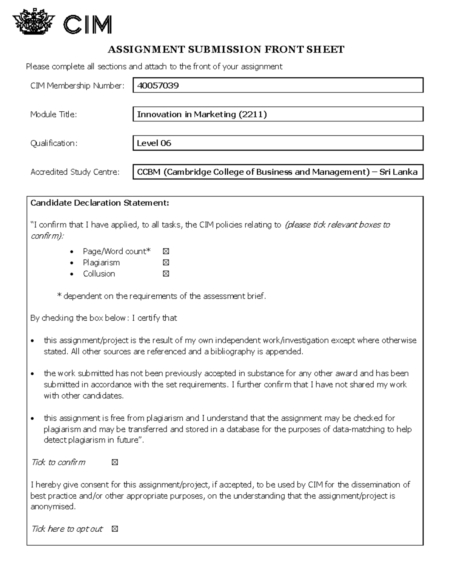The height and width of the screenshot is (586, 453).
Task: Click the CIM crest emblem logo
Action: tap(34, 22)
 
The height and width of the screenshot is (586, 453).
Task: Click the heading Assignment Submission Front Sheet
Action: tap(226, 49)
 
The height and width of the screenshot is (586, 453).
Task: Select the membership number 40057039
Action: tap(158, 86)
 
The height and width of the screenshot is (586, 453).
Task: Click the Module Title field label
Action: tap(54, 114)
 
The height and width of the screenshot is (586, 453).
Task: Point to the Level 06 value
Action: tap(154, 143)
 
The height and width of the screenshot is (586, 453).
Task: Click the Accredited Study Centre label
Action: tap(75, 172)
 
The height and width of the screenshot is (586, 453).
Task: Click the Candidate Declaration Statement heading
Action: tap(100, 203)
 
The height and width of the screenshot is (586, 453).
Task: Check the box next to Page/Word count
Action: tap(166, 251)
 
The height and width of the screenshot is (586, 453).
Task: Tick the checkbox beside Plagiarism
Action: tap(166, 263)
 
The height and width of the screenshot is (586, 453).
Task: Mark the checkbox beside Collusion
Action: tap(166, 274)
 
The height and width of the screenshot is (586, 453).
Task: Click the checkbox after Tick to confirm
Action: tap(115, 462)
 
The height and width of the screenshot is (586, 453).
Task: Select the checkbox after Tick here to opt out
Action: tap(115, 529)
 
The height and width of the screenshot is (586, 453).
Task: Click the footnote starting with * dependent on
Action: tap(162, 296)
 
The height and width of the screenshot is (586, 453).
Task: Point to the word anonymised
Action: tap(53, 507)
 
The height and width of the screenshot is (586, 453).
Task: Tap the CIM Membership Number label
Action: tap(77, 86)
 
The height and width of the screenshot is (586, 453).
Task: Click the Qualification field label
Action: tap(54, 143)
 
